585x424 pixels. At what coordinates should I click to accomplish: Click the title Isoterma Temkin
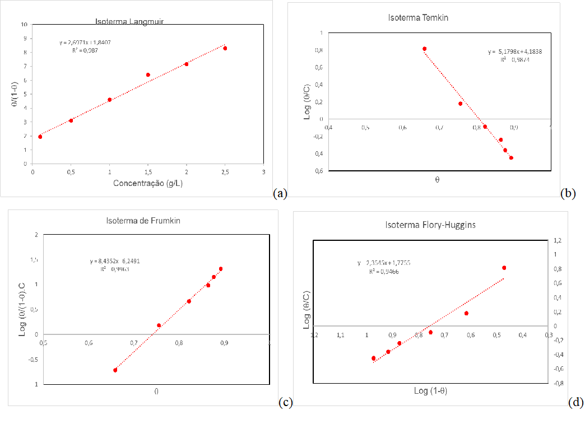click(418, 17)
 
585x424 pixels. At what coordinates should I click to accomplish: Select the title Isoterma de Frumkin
click(143, 221)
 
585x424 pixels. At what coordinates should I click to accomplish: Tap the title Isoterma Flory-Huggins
click(430, 225)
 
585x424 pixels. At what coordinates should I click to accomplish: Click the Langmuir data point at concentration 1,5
click(148, 74)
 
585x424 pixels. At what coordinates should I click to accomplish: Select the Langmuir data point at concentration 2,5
click(225, 48)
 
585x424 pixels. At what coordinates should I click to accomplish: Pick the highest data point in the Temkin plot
click(424, 49)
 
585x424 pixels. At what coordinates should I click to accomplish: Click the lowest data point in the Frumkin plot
click(115, 370)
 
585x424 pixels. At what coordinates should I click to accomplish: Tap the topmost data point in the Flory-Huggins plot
click(504, 268)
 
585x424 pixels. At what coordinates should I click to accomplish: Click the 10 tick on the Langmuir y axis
click(24, 25)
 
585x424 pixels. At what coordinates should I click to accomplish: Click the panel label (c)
click(285, 402)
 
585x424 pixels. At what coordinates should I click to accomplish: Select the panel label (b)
click(568, 193)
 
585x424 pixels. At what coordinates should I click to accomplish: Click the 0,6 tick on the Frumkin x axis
click(89, 343)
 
